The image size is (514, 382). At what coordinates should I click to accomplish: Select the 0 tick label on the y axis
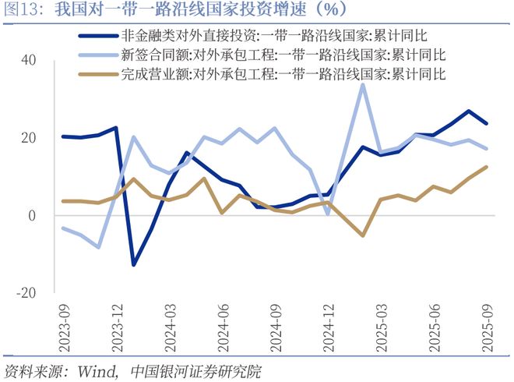tap(32, 215)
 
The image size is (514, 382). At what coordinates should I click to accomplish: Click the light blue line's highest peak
tap(363, 84)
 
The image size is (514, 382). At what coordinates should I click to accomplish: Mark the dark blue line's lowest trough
tap(134, 265)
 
